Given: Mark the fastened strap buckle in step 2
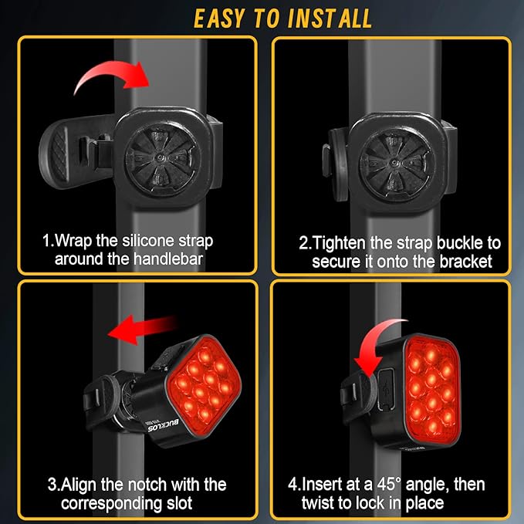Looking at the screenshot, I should (x=337, y=157).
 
